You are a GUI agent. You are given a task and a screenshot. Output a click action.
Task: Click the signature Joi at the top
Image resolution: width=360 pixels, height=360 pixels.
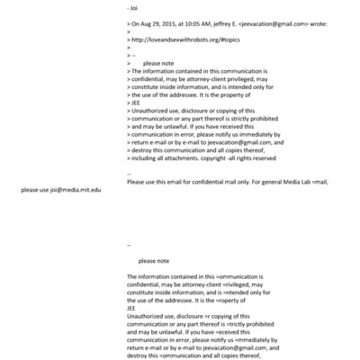pyautogui.click(x=136, y=8)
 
